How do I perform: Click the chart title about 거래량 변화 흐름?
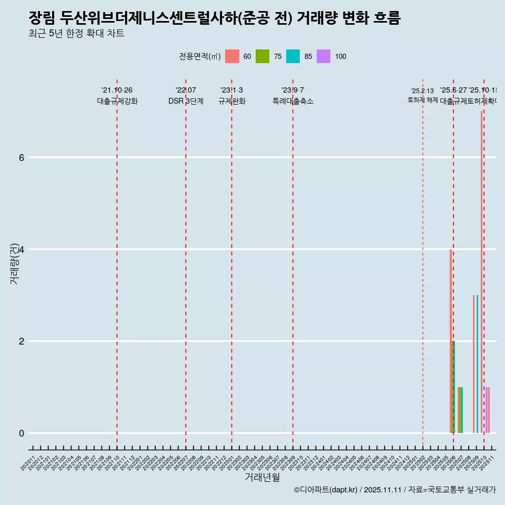click(215, 18)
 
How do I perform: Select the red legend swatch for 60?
click(232, 56)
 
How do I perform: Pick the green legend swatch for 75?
click(262, 56)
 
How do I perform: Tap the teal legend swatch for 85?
click(293, 56)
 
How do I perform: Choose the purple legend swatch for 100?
click(324, 56)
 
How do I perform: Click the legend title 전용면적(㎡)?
click(200, 57)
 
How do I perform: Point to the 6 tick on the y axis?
click(22, 157)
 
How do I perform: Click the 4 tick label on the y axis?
click(22, 249)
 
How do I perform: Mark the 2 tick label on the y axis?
click(22, 341)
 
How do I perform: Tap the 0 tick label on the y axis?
click(22, 433)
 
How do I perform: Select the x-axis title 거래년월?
click(262, 477)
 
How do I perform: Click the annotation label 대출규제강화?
click(117, 102)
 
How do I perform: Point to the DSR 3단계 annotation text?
click(186, 102)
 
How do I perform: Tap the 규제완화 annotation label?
click(231, 102)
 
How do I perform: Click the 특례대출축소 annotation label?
click(292, 102)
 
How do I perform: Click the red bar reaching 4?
click(451, 342)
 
